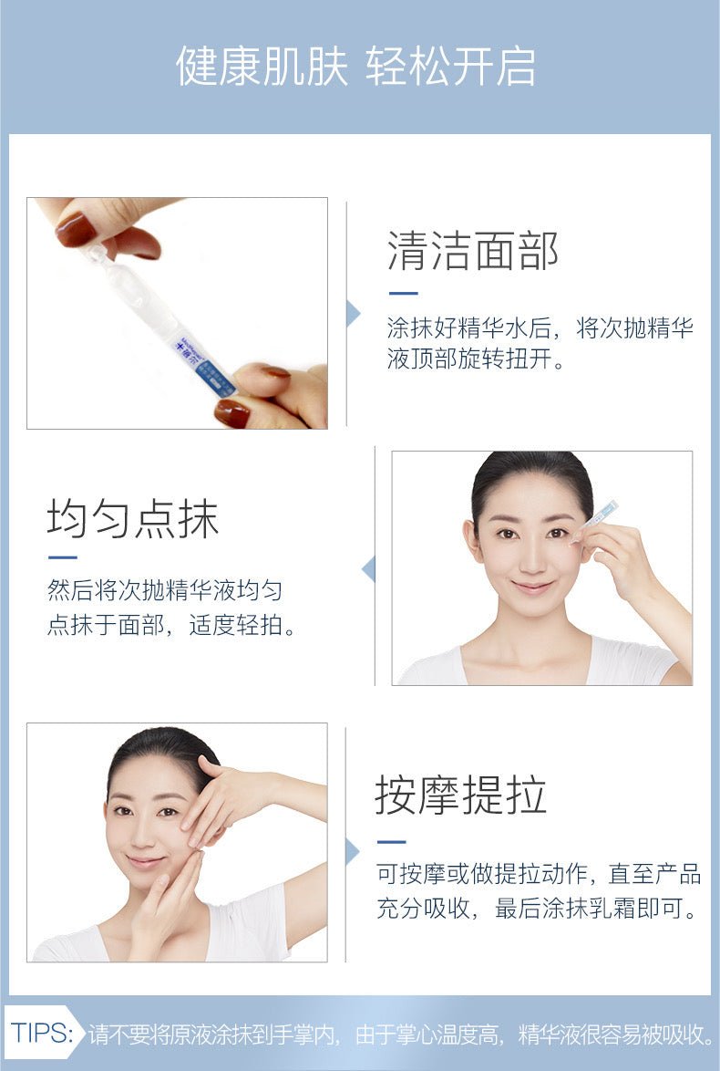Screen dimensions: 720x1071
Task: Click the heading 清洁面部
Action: tap(473, 251)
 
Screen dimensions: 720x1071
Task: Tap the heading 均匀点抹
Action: tap(133, 518)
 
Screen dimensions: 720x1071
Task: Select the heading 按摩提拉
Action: tap(460, 795)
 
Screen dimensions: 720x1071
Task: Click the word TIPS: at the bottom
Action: tap(42, 1032)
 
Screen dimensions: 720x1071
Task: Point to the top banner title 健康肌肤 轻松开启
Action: tap(355, 67)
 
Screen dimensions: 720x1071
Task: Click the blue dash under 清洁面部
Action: tap(403, 293)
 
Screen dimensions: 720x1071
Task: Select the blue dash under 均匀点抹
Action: tap(62, 557)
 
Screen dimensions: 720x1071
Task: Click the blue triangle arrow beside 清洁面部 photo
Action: tap(353, 314)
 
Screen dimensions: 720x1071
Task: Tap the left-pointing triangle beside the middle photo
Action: tap(368, 569)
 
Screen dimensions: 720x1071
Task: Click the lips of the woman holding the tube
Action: tap(533, 587)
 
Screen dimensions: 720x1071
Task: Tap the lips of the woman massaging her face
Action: tap(145, 862)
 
